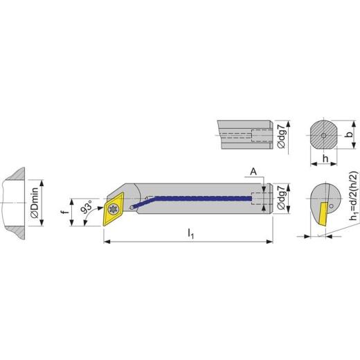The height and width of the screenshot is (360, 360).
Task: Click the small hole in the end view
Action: [334, 205]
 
